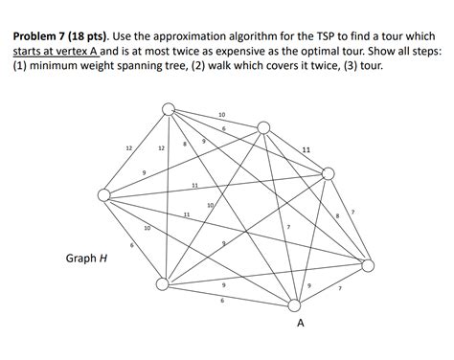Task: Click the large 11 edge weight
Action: [x=305, y=150]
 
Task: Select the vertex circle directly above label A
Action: [x=295, y=305]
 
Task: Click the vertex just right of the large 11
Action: [x=329, y=173]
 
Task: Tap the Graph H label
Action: [x=85, y=258]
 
